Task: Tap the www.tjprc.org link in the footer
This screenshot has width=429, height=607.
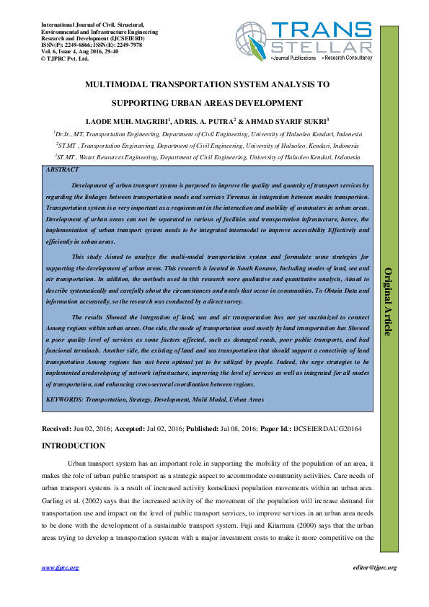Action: coord(56,568)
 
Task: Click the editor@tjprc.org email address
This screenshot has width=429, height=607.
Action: coord(372,568)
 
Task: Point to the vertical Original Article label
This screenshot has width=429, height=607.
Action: coord(388,301)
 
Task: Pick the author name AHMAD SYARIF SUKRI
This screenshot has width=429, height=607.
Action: coord(283,120)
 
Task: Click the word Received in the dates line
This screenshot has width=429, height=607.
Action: coord(58,429)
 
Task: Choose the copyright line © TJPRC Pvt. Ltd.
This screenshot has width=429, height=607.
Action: coord(65,58)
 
